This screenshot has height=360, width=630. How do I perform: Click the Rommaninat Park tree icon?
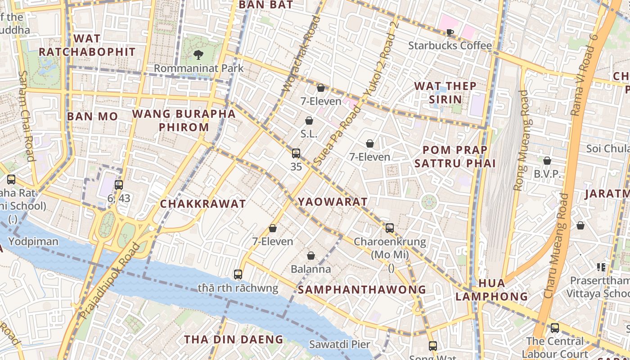tap(198, 55)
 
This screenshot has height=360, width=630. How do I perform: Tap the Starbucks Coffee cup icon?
tap(450, 32)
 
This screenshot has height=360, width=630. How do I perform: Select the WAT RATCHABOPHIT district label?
tap(87, 45)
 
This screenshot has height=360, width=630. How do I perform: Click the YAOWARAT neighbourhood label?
tap(333, 202)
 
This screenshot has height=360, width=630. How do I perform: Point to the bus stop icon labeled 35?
tap(296, 153)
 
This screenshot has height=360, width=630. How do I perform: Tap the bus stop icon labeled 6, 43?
tap(119, 184)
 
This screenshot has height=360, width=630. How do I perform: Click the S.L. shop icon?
tap(309, 121)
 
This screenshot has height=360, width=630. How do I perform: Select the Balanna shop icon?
tap(310, 256)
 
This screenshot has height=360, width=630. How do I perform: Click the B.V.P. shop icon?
tap(547, 161)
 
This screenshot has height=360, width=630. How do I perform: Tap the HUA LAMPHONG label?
tap(491, 290)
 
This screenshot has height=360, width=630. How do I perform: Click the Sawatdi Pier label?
tap(339, 345)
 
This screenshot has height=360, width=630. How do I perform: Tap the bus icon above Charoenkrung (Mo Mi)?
tap(390, 228)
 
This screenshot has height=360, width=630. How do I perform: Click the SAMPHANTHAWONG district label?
tap(362, 289)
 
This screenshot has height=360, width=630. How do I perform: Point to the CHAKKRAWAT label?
tap(203, 204)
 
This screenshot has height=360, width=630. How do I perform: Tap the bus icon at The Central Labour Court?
tap(555, 328)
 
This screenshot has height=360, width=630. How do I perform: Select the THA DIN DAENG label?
tap(234, 339)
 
